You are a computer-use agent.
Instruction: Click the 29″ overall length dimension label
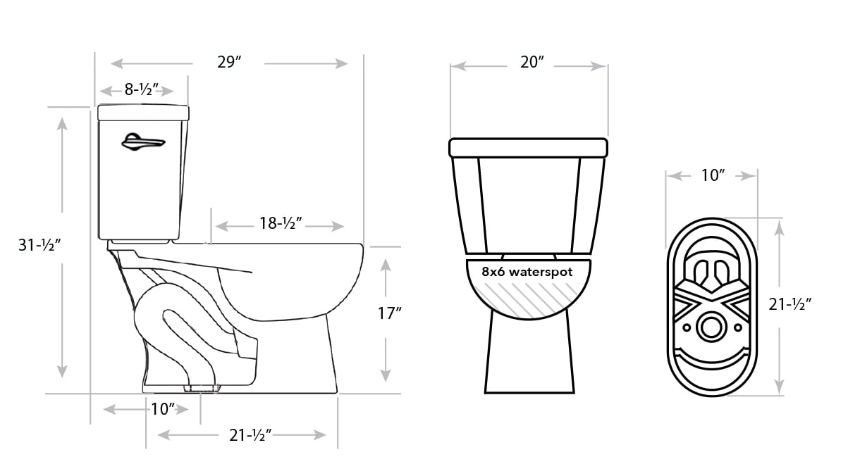point(229,62)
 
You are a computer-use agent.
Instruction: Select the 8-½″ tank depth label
point(142,89)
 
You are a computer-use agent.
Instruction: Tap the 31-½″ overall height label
point(39,245)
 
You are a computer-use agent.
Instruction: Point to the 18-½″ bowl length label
point(281,223)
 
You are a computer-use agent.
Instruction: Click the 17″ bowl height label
point(390,313)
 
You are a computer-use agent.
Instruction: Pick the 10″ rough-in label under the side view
point(163,408)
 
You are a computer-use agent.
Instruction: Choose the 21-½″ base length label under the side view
point(251,435)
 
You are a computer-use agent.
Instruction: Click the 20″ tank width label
point(532,62)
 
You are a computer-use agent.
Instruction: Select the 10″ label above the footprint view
point(713,175)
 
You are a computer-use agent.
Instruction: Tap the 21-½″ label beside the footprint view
point(790,304)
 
